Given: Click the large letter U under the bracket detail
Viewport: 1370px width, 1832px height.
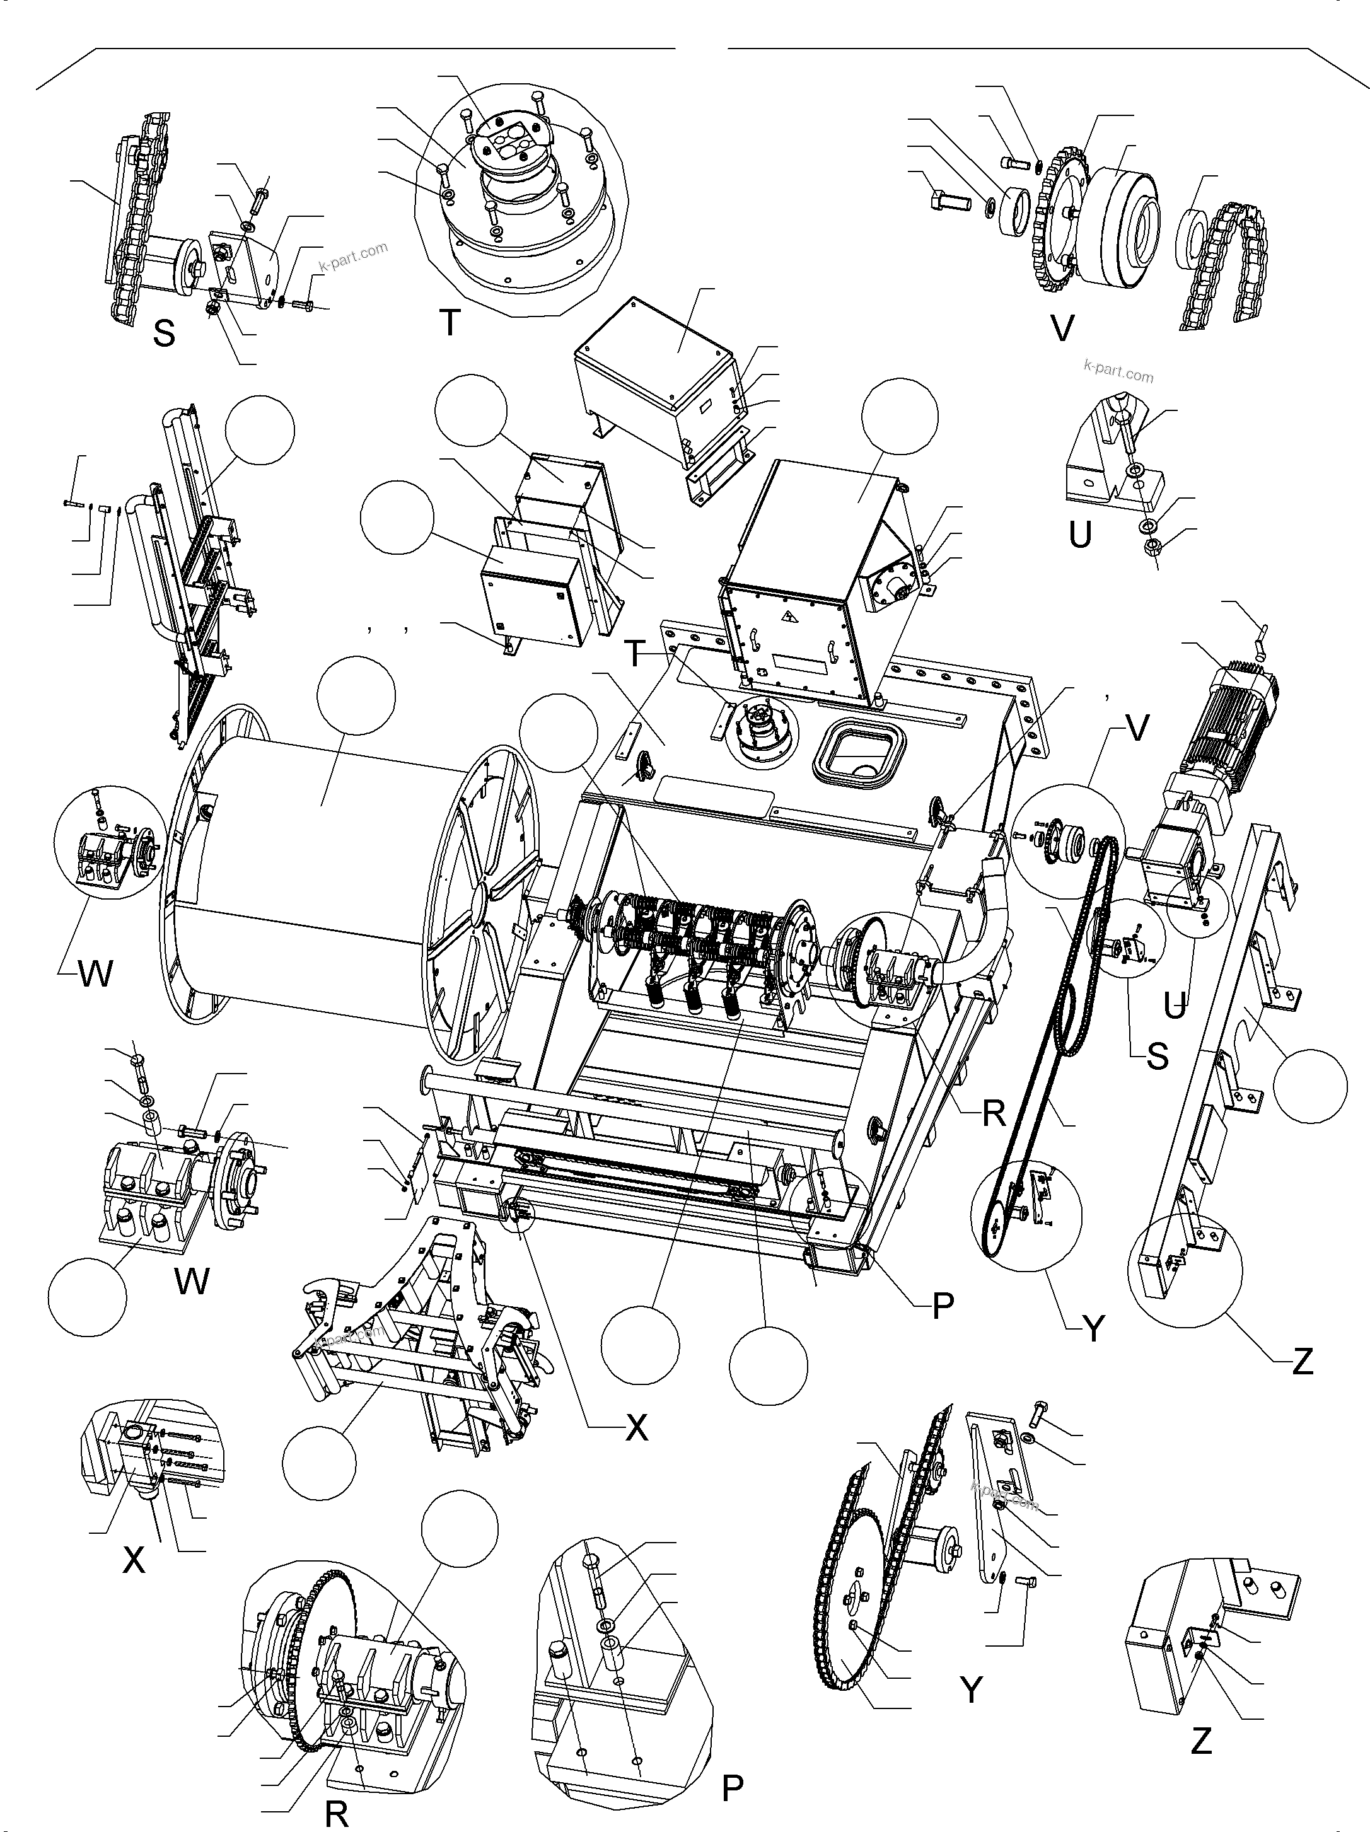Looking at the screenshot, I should click(x=1079, y=536).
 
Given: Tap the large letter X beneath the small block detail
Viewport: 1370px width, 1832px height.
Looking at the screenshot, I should click(x=134, y=1560).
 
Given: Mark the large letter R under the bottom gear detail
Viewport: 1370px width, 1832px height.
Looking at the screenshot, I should click(x=335, y=1814).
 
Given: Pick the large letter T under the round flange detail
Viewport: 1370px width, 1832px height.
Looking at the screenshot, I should click(x=449, y=323).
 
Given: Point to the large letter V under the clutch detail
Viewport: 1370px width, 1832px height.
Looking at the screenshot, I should click(x=1061, y=329).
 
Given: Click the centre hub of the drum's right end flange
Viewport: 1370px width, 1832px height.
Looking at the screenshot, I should click(x=479, y=898).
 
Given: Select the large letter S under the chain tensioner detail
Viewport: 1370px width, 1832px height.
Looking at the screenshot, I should click(x=164, y=333).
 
